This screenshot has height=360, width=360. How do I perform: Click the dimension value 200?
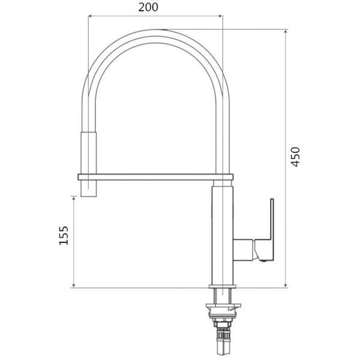tap(148, 7)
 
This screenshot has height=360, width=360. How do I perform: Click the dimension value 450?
tap(295, 157)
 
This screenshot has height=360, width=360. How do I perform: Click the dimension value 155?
tap(64, 236)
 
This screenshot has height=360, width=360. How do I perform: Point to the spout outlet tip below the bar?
tap(89, 188)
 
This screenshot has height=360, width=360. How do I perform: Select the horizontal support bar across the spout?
tap(155, 177)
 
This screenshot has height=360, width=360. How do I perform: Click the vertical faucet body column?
tap(222, 236)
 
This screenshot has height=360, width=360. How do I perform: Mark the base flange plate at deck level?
tap(223, 287)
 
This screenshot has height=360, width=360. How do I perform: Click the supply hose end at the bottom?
tap(223, 347)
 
